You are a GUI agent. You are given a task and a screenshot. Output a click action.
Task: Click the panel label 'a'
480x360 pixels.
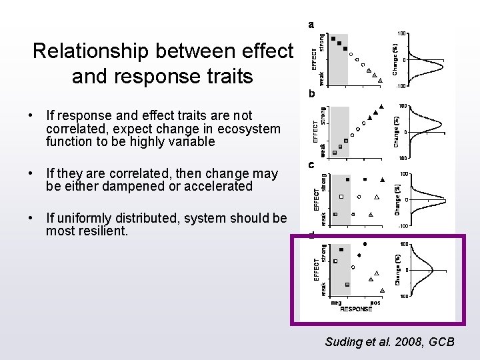coord(311,25)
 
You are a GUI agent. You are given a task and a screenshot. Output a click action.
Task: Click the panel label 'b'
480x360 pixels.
coord(311,95)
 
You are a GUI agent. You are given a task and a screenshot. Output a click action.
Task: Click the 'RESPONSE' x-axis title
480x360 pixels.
coord(356,309)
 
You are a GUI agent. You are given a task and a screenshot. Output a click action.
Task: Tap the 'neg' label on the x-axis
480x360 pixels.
coord(336,302)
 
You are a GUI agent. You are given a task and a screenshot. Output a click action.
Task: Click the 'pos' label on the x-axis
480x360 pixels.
coord(375,302)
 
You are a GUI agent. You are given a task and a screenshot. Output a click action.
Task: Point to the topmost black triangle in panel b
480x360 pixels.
coord(381,107)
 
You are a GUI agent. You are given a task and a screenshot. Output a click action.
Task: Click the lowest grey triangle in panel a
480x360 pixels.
coord(381,78)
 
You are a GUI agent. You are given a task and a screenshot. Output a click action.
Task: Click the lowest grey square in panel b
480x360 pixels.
coord(335,152)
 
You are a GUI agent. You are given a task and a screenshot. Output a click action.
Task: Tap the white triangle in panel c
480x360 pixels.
coord(377,197)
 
